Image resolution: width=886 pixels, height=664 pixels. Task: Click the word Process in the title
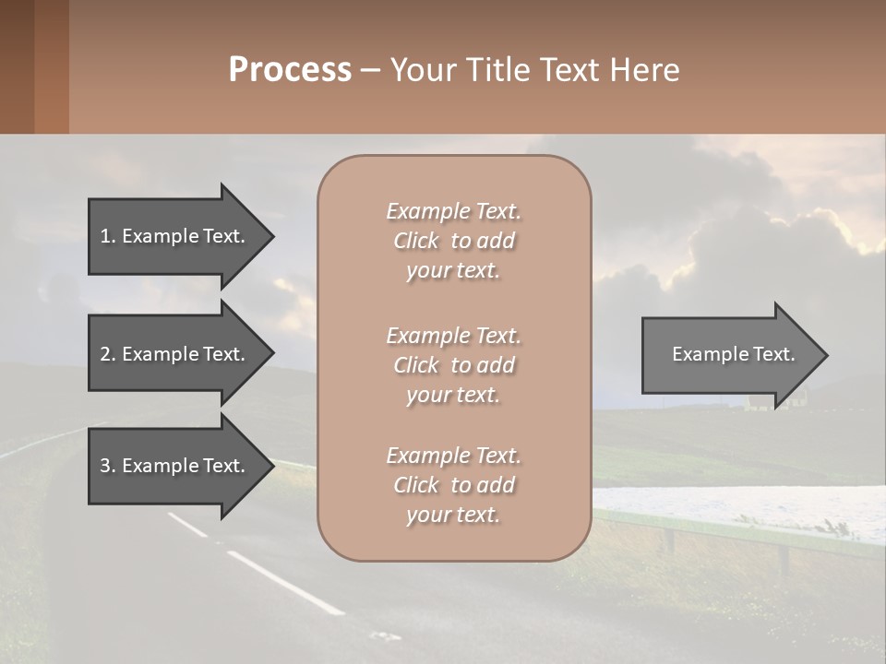290,70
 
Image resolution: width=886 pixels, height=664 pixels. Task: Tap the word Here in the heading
646,70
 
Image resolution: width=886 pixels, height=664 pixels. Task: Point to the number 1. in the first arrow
108,236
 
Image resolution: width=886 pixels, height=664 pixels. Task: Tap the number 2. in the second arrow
108,354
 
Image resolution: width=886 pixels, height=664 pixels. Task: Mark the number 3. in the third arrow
108,466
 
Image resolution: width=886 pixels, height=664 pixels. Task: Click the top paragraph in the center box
453,241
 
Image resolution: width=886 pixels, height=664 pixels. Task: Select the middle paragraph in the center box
453,364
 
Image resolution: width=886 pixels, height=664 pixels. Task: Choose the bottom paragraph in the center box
453,485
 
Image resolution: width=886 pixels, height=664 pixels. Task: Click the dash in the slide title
370,70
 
